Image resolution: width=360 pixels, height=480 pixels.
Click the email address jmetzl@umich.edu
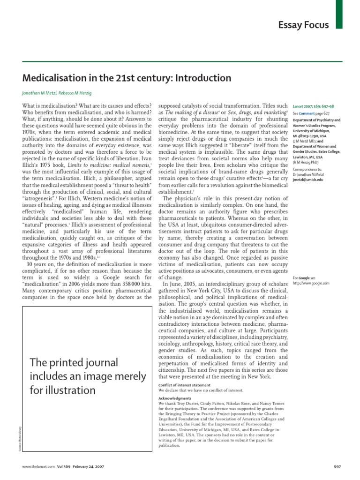pos(309,179)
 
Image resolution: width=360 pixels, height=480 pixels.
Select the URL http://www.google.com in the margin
pos(311,283)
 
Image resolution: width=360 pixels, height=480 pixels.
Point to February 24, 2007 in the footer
pos(87,467)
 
